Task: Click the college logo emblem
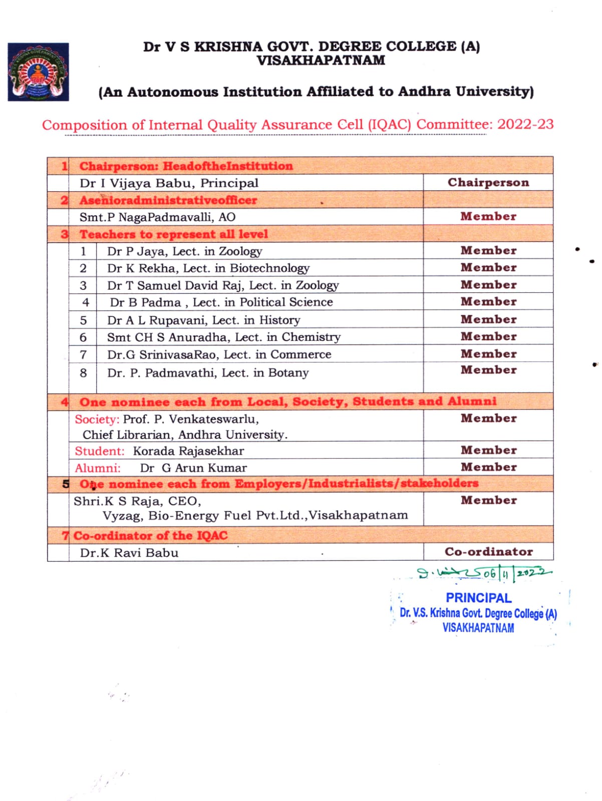(38, 72)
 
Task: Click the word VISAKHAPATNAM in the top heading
(321, 61)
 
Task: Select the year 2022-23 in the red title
(525, 124)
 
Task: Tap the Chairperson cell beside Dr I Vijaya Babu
(488, 183)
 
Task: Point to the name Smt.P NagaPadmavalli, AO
(157, 217)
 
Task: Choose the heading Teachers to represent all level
(173, 234)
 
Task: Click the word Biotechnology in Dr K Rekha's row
(269, 268)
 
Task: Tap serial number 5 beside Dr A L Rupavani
(83, 320)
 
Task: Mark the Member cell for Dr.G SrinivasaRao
(488, 354)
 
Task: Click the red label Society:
(97, 419)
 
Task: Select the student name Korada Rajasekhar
(188, 451)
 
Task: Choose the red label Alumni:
(98, 468)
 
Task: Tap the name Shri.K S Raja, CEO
(137, 501)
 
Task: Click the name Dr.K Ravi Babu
(129, 553)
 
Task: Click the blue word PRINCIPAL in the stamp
(478, 598)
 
